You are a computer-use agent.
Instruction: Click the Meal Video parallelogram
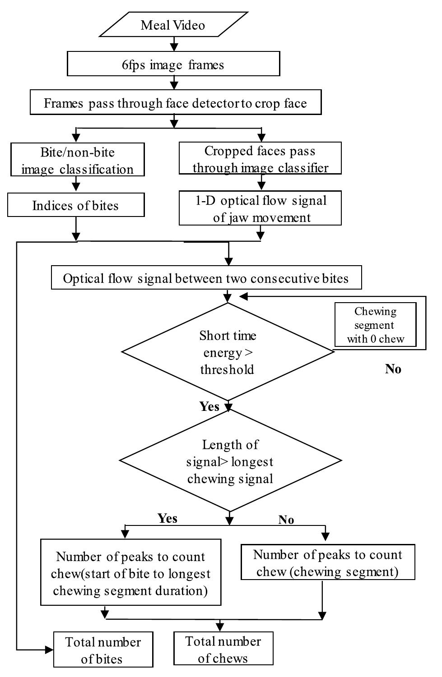(173, 25)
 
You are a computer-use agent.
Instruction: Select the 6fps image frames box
(173, 64)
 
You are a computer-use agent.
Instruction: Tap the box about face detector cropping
(175, 103)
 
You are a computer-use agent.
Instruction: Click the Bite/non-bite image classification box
(78, 160)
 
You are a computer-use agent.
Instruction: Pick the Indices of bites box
(76, 205)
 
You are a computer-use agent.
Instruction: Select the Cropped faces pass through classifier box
(260, 159)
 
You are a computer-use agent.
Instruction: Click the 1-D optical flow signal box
(260, 208)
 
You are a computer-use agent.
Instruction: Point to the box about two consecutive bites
(206, 278)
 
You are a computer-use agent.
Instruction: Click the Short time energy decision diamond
(228, 352)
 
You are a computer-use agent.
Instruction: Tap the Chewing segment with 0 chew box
(375, 325)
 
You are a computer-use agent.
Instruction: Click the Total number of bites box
(103, 650)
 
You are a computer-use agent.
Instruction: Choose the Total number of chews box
(223, 649)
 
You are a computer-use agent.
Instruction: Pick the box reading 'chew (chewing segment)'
(328, 562)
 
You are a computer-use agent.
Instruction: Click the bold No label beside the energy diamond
(393, 368)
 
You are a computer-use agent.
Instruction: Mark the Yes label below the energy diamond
(209, 406)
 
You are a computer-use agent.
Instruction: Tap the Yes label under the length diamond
(167, 518)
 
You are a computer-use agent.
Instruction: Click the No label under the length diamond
(286, 520)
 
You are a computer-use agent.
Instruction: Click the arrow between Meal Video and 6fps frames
(174, 44)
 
